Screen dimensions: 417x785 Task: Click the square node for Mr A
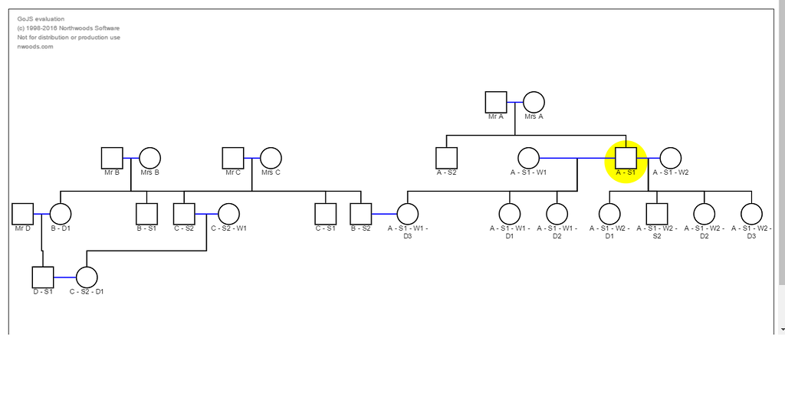(496, 102)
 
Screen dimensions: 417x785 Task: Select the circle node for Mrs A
(534, 102)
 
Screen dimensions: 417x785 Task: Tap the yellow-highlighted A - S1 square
(626, 158)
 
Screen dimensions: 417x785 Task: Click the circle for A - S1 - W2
(670, 158)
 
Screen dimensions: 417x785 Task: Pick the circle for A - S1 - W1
(528, 158)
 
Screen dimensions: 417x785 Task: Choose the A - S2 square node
(446, 158)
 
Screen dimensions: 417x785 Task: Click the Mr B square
(112, 158)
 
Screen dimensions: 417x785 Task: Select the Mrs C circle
(271, 158)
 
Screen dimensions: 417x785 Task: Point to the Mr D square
(22, 214)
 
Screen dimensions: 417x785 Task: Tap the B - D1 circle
(61, 214)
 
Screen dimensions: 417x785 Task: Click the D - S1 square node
(42, 277)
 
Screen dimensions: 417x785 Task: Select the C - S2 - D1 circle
(87, 277)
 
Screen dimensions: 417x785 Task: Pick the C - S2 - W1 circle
(228, 214)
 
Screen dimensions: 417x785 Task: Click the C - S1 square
(326, 214)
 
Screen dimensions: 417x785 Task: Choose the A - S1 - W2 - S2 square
(657, 214)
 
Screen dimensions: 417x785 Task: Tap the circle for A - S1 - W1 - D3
(408, 214)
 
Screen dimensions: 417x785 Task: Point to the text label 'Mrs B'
(149, 172)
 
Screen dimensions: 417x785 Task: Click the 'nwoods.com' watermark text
(35, 47)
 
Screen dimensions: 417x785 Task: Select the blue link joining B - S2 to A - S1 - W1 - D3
(384, 214)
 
